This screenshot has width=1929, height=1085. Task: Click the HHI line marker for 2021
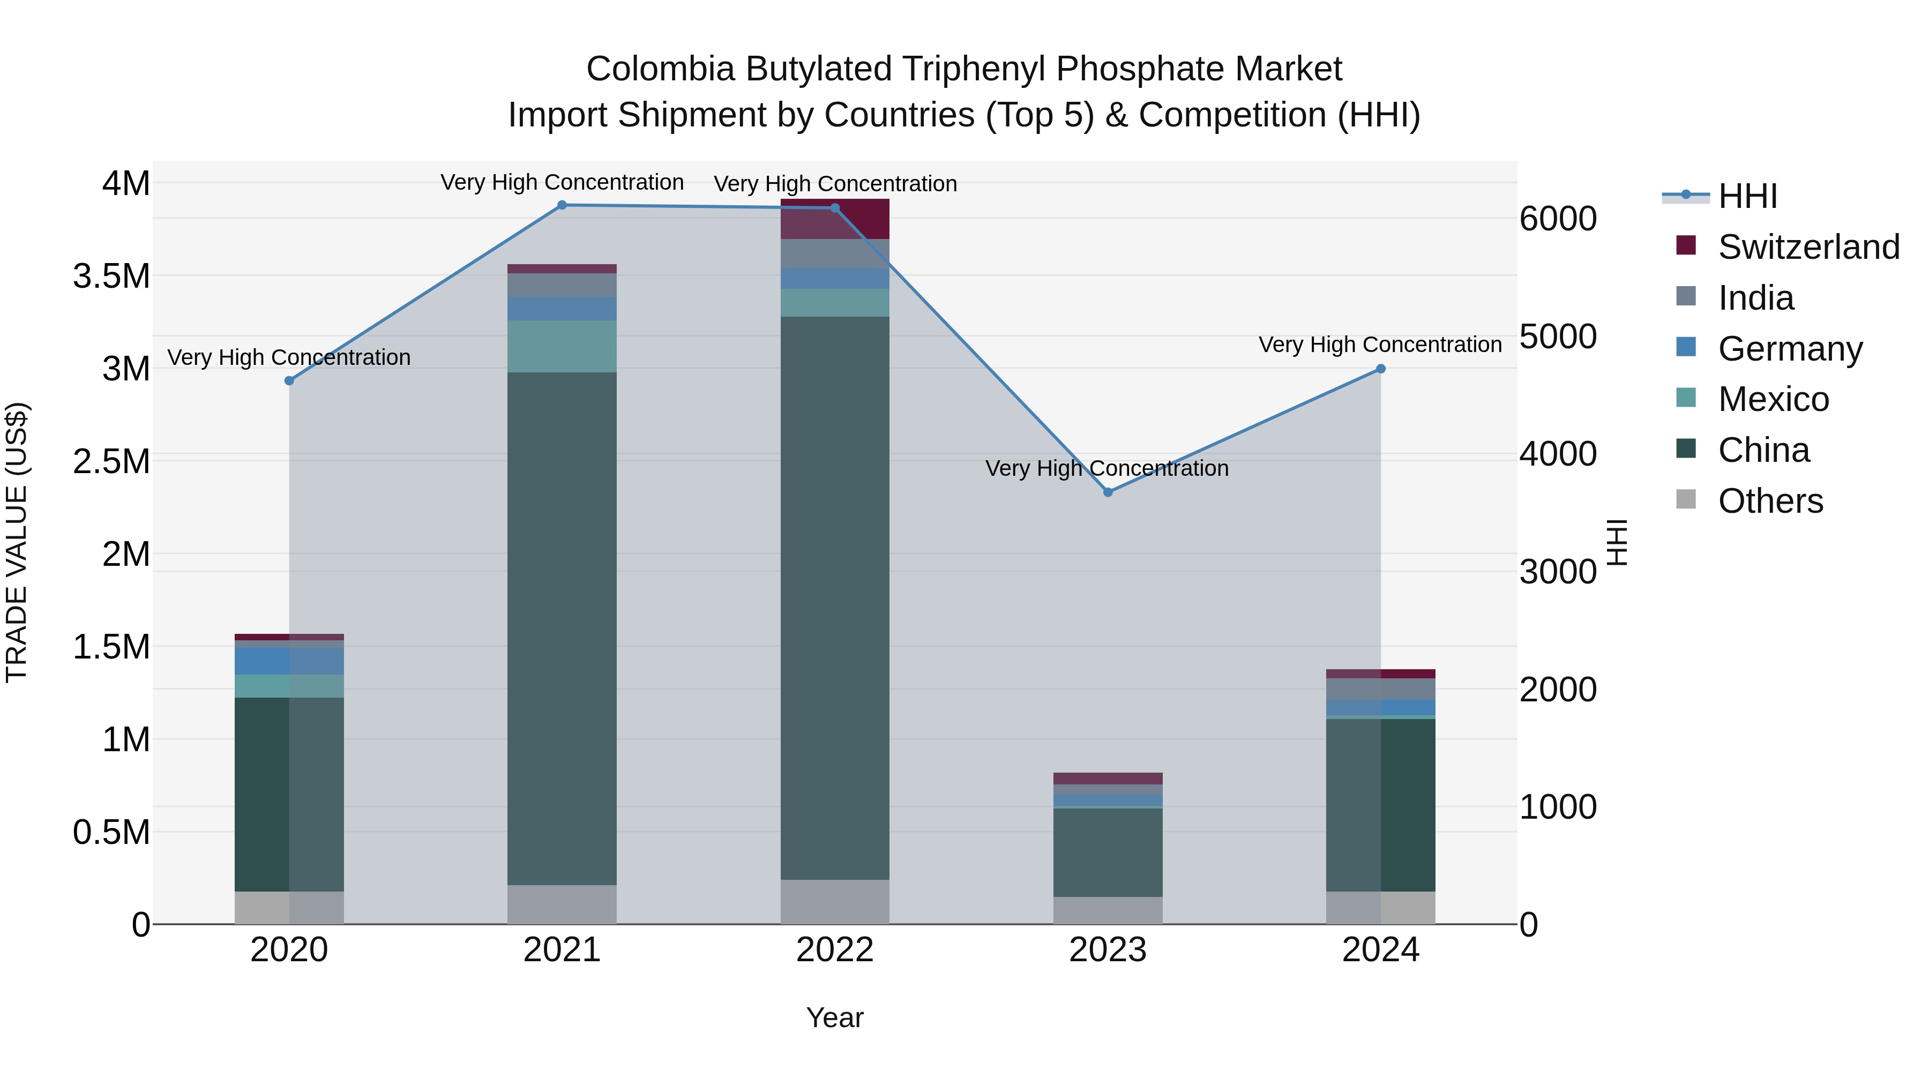[562, 205]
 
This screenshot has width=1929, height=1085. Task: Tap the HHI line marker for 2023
[1108, 492]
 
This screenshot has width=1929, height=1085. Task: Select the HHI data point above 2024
[1381, 369]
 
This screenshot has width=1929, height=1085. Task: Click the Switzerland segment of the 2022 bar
[835, 219]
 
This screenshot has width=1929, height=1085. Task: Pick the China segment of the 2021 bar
[562, 629]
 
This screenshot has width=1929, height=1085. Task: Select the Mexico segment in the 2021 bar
[562, 346]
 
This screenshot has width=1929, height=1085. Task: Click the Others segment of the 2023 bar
[1108, 910]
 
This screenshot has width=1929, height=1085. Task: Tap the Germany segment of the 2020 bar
[289, 661]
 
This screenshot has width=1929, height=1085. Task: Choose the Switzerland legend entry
[1808, 247]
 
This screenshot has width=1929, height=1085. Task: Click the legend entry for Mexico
[1773, 399]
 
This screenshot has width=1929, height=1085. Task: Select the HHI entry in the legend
[1747, 196]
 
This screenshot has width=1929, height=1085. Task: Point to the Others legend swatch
[1686, 499]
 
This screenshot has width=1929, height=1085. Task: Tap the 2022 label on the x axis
[835, 950]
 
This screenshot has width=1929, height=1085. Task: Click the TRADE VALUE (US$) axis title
[17, 542]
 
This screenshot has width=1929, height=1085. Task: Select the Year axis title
[835, 1017]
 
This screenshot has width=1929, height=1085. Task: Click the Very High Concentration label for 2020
[289, 357]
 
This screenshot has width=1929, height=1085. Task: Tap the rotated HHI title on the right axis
[1618, 542]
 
